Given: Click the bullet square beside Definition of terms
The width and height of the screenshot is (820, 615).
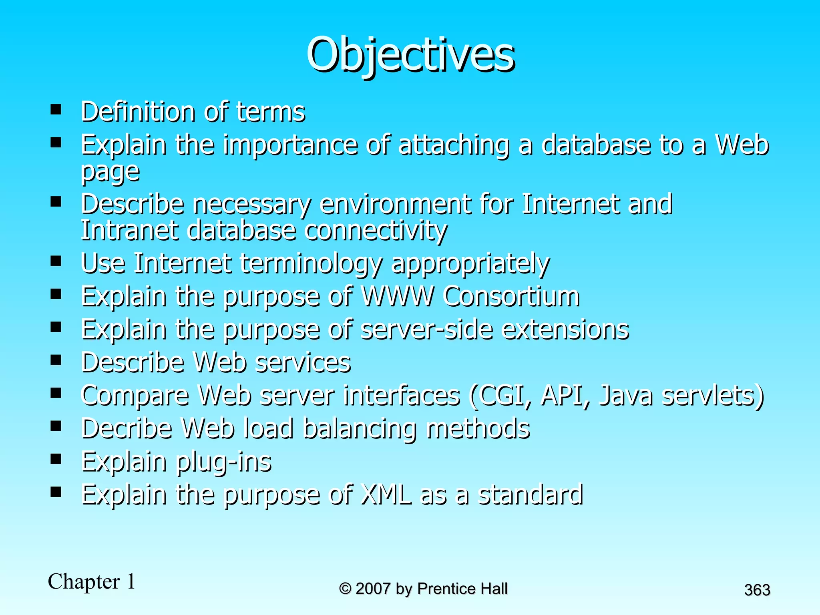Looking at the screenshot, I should coord(56,109).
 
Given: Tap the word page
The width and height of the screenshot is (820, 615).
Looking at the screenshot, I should coord(110,172).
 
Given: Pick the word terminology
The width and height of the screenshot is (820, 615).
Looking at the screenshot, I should coord(311,264).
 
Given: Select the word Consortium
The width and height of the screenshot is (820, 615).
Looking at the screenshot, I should coord(511,297).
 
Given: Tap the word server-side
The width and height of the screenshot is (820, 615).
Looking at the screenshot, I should coord(426,330).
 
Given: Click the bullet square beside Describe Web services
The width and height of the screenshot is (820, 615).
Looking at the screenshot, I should coord(56,360).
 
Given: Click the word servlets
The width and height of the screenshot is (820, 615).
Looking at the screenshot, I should coord(713,396).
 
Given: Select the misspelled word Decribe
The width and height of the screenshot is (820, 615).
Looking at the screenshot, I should coord(127,428).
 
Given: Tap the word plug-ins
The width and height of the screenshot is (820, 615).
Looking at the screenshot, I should coord(223,462).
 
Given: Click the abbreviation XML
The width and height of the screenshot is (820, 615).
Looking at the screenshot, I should coord(386,494).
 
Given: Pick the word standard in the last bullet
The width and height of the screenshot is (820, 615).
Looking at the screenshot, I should coord(531,494).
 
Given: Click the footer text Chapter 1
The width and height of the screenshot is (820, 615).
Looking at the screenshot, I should coord(92,581).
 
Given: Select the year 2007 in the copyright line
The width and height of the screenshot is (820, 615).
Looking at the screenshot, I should coord(372,589).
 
